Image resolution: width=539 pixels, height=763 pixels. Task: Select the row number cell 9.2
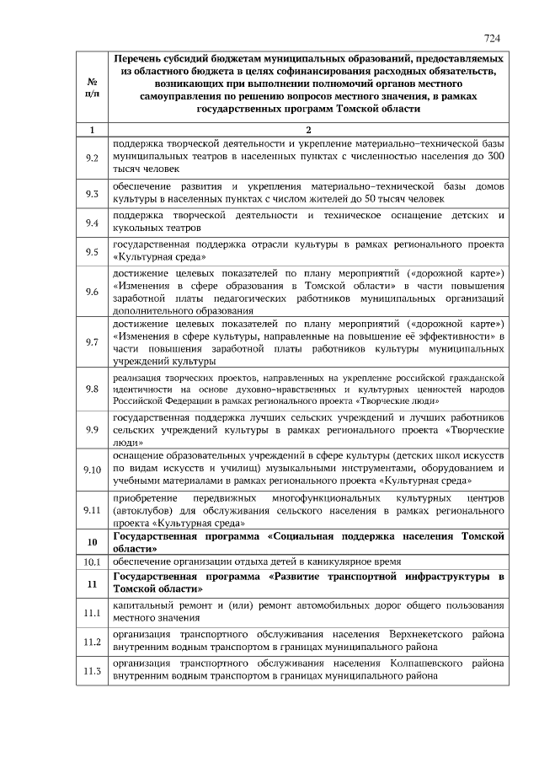(92, 158)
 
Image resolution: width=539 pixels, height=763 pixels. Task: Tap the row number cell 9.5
(92, 251)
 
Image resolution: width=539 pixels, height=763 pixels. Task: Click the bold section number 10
(92, 541)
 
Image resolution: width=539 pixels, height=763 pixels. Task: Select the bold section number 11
(92, 583)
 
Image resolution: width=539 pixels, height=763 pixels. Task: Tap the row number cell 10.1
(92, 561)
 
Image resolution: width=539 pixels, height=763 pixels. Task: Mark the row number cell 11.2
(92, 641)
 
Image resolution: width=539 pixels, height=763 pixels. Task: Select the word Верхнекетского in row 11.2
(429, 634)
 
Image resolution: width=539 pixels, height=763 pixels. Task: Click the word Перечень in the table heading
(140, 60)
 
